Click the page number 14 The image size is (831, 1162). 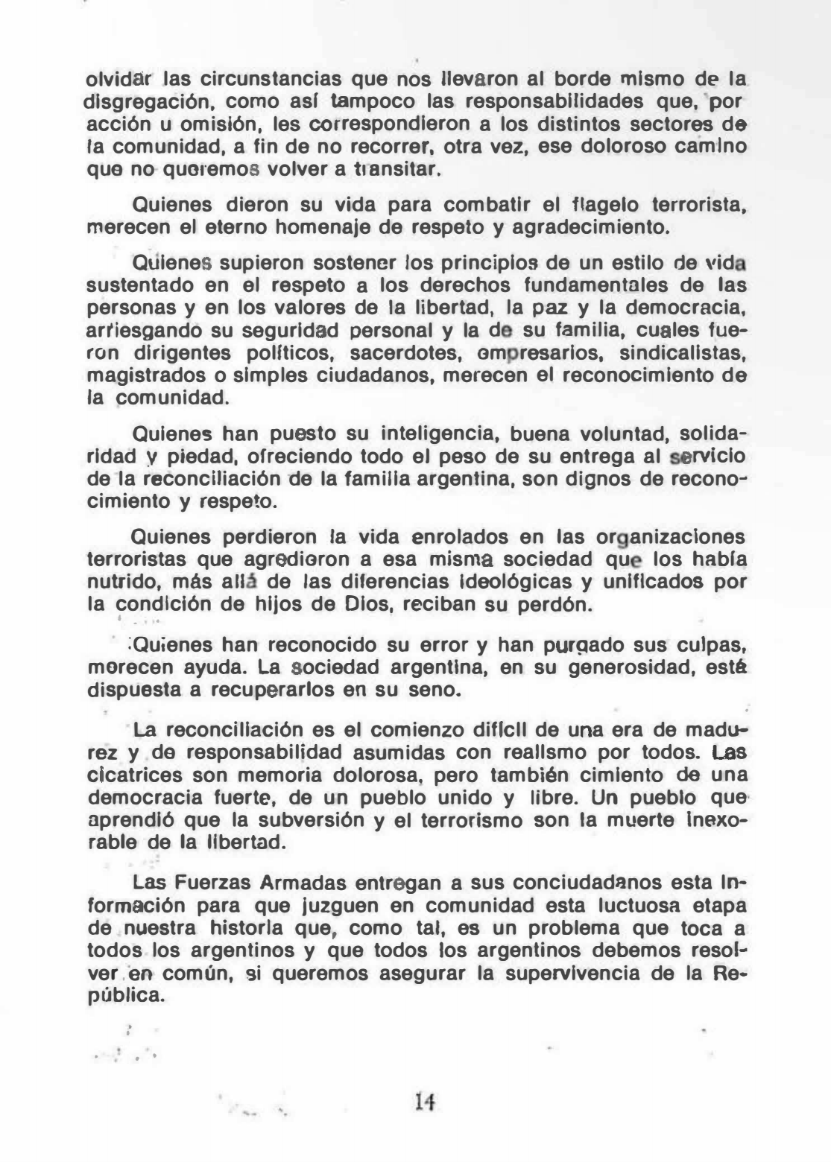[x=428, y=1101]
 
